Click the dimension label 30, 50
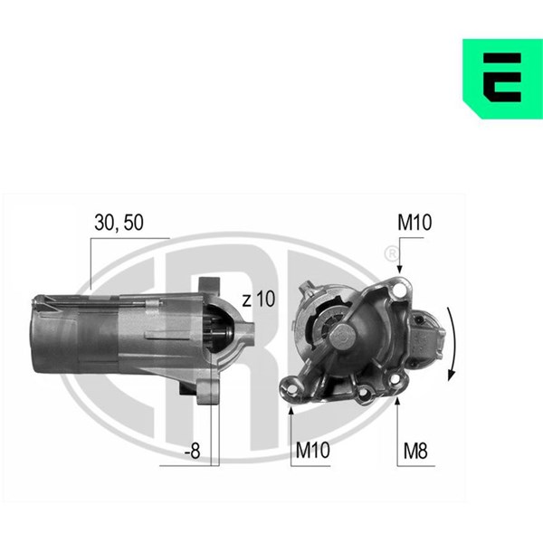(119, 223)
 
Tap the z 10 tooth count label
(258, 300)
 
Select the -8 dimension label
(192, 451)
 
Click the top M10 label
(414, 223)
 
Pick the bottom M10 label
(312, 450)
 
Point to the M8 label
(415, 451)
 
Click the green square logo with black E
(502, 79)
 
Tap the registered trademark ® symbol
(392, 253)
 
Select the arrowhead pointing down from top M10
(399, 269)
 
